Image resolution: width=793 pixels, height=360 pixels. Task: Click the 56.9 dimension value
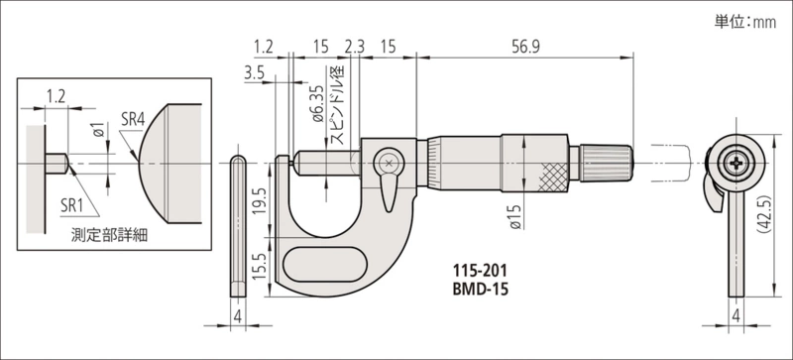(x=525, y=47)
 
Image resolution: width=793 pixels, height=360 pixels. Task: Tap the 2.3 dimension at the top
(x=354, y=47)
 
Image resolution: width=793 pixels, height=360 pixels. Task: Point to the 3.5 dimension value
(x=254, y=73)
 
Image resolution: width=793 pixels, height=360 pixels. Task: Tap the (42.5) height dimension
(x=764, y=214)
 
